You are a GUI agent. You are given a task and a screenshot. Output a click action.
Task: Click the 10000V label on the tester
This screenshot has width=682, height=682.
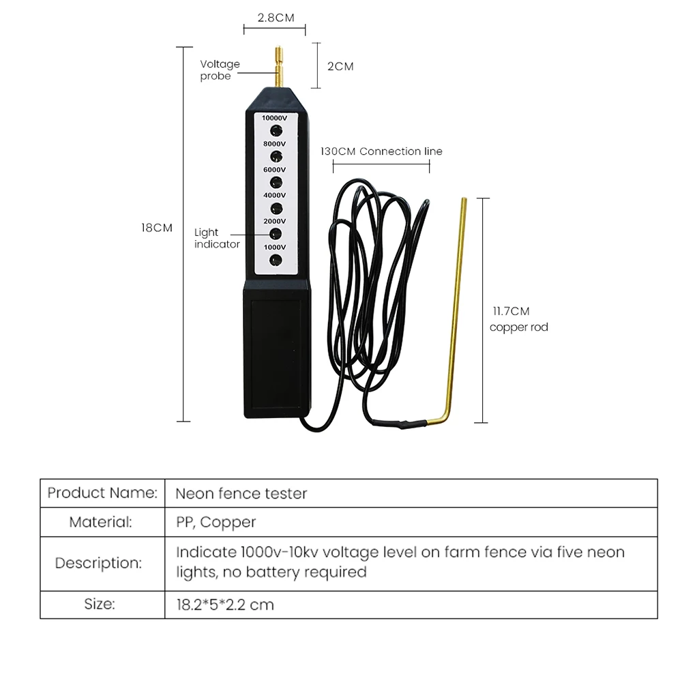(x=275, y=117)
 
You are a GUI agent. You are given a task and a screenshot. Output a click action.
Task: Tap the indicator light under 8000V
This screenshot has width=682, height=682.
(x=276, y=156)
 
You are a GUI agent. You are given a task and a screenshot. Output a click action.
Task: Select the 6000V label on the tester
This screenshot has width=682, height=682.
(x=275, y=169)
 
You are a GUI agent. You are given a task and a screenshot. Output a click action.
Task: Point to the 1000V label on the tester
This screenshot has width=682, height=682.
(x=275, y=247)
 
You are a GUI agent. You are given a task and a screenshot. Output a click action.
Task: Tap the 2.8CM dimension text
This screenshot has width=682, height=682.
(x=276, y=18)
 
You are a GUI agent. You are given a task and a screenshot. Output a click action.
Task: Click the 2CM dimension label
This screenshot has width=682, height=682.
(x=340, y=66)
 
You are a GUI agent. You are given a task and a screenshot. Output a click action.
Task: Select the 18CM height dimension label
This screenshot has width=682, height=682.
(x=157, y=228)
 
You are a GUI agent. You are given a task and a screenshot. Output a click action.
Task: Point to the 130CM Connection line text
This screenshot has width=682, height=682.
(x=381, y=151)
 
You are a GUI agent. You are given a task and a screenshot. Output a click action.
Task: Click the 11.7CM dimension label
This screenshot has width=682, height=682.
(x=511, y=311)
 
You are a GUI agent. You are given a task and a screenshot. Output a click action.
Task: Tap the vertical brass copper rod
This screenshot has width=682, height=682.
(x=462, y=307)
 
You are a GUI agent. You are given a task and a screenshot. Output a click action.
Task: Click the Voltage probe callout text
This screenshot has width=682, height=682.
(x=220, y=70)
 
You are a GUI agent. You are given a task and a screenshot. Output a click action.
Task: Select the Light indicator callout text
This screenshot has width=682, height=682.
(x=217, y=238)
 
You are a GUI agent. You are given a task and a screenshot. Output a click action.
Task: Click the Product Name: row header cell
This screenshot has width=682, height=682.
(x=102, y=492)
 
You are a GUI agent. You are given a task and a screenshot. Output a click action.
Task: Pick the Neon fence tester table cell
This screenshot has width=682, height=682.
(x=241, y=492)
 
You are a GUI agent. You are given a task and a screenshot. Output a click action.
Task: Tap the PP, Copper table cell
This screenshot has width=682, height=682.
(x=216, y=522)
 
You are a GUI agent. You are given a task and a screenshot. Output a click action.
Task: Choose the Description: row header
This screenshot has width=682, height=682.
(x=98, y=563)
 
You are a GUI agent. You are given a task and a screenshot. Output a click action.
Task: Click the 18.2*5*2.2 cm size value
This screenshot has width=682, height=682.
(x=225, y=604)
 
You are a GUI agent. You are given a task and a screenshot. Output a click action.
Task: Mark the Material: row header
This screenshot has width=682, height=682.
(x=100, y=522)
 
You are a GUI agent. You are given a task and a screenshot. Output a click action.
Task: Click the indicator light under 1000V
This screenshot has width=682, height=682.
(x=276, y=259)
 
